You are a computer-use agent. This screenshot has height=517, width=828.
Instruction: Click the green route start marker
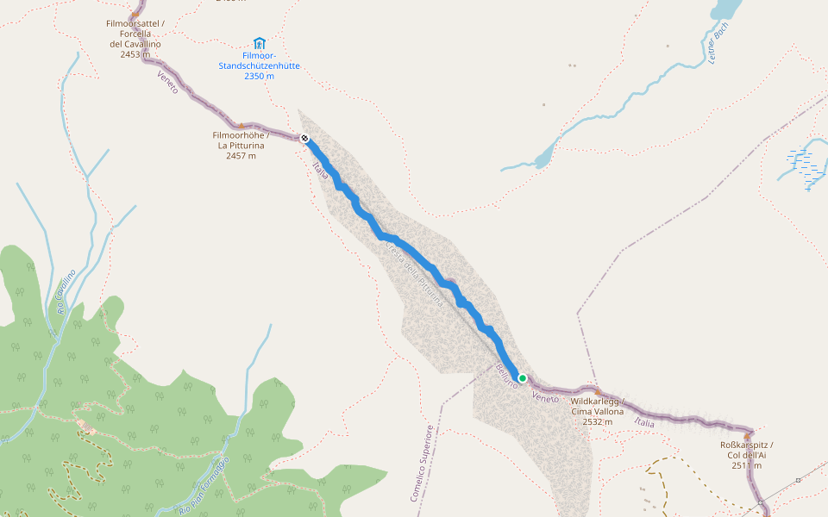click(522, 377)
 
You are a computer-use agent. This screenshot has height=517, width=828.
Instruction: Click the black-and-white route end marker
click(304, 138)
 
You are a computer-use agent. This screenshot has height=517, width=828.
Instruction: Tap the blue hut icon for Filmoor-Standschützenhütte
click(259, 43)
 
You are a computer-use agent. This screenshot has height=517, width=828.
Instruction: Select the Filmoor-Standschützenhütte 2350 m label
click(259, 65)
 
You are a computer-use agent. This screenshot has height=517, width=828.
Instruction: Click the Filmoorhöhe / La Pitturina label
click(241, 146)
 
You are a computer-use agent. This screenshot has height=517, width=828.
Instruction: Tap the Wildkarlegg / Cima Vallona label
click(597, 412)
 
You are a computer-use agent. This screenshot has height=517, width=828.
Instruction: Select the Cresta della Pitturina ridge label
click(415, 274)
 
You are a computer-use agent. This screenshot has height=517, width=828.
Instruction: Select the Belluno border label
click(506, 377)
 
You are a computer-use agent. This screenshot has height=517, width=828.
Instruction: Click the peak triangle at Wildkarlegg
click(597, 392)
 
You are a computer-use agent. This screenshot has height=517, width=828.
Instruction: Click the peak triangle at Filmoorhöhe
click(241, 126)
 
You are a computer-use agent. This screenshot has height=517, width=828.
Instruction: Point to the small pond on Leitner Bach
click(543, 159)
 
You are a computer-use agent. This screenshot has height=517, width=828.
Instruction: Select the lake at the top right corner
click(726, 9)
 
